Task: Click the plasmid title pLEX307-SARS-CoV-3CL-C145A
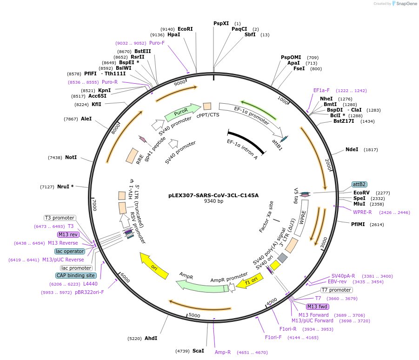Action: (x=213, y=195)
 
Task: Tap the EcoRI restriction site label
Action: (x=185, y=29)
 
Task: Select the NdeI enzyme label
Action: (x=352, y=150)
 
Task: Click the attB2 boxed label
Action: (x=359, y=184)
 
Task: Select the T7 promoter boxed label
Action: (x=336, y=290)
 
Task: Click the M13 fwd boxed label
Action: (x=317, y=307)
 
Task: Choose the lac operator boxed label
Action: (x=69, y=251)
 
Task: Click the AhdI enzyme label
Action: (x=151, y=338)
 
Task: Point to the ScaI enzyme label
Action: (x=198, y=351)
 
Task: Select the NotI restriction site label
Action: (x=71, y=158)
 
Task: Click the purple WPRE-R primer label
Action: (x=362, y=212)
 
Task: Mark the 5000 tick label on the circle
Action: (x=194, y=315)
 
